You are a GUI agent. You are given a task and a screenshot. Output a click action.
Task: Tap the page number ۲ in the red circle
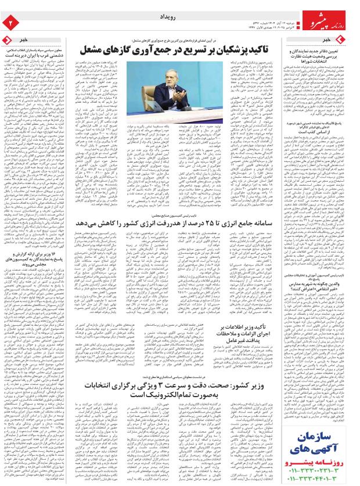pos(10,23)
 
